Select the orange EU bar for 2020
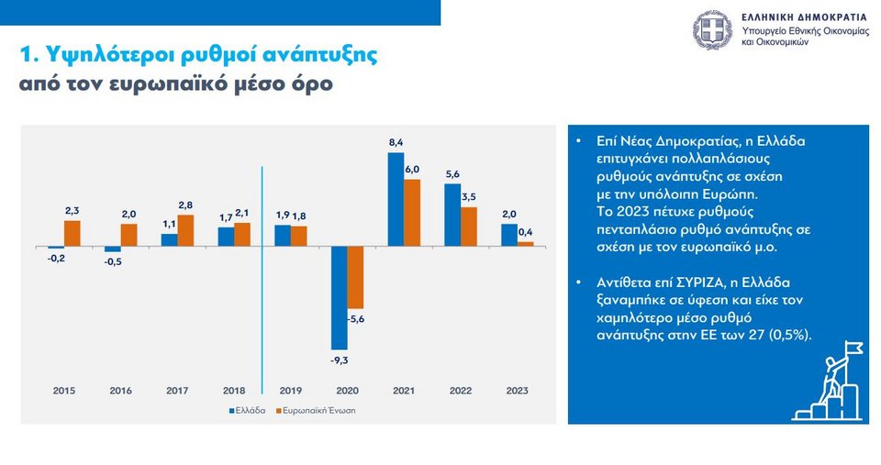[x=356, y=277]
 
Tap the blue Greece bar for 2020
[x=339, y=298]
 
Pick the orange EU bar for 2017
[x=185, y=230]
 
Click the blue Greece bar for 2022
[x=452, y=215]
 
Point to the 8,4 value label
[x=396, y=143]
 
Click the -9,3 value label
[x=340, y=360]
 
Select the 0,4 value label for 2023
[x=525, y=232]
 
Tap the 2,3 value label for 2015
[x=72, y=211]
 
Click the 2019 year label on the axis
[x=291, y=391]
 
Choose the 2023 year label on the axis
[x=518, y=391]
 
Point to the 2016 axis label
[x=120, y=391]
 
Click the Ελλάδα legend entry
[x=247, y=410]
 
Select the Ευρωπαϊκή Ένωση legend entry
[x=317, y=410]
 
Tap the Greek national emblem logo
[x=712, y=30]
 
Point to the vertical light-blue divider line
[x=262, y=275]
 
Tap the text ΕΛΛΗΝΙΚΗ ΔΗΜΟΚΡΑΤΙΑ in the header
[x=804, y=17]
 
